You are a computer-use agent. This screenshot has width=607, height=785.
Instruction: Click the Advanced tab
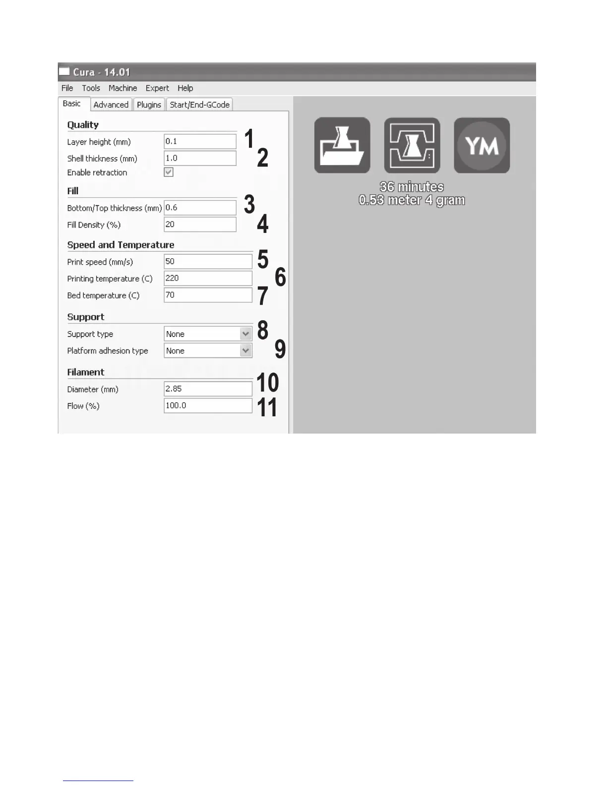[x=111, y=105]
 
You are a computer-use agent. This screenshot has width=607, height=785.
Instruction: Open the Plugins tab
[x=149, y=105]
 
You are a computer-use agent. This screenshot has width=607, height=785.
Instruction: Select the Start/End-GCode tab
[x=199, y=105]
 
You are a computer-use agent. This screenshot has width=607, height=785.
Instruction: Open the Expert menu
[x=157, y=88]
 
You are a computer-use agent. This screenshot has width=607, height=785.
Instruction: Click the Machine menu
[x=122, y=88]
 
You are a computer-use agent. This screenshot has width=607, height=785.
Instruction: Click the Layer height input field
[x=200, y=141]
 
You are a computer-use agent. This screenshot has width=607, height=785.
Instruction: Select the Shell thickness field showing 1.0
[x=200, y=158]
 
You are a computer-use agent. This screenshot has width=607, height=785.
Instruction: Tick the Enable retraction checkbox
[x=169, y=172]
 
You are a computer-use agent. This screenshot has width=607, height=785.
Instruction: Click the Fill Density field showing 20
[x=200, y=224]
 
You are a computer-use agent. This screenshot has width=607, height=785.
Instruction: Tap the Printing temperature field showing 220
[x=208, y=278]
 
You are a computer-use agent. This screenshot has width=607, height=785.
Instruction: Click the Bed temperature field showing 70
[x=208, y=295]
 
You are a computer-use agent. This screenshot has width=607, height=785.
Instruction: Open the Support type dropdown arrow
[x=245, y=334]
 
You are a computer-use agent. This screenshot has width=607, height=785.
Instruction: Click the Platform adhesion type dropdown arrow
[x=245, y=351]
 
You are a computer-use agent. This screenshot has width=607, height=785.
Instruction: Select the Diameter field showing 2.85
[x=208, y=389]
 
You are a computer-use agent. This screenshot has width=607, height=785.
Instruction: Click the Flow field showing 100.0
[x=208, y=405]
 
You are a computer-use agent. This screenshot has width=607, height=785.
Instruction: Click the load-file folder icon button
[x=342, y=145]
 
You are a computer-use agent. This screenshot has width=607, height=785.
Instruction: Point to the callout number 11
[x=267, y=408]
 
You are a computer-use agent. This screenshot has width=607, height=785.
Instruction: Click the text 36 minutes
[x=412, y=187]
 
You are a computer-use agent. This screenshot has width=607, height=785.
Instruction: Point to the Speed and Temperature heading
[x=121, y=245]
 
